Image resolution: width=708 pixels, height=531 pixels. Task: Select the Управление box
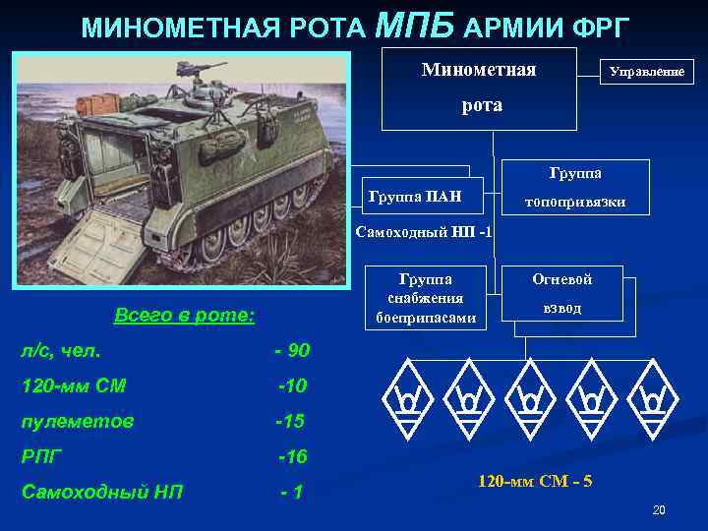(646, 72)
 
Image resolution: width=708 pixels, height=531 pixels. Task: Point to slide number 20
(659, 510)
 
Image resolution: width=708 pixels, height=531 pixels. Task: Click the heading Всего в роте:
(184, 316)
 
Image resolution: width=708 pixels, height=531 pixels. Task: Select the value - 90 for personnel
(291, 350)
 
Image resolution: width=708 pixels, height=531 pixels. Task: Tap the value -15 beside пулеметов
(290, 421)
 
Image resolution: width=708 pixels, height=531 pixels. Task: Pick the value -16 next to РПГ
(292, 456)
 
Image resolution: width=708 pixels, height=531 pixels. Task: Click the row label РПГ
(42, 456)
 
